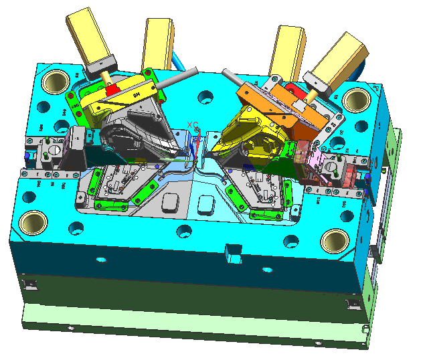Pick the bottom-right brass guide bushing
point(335,240)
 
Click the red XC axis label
point(193,125)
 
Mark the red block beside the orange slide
point(292,88)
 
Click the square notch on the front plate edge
point(232,253)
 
